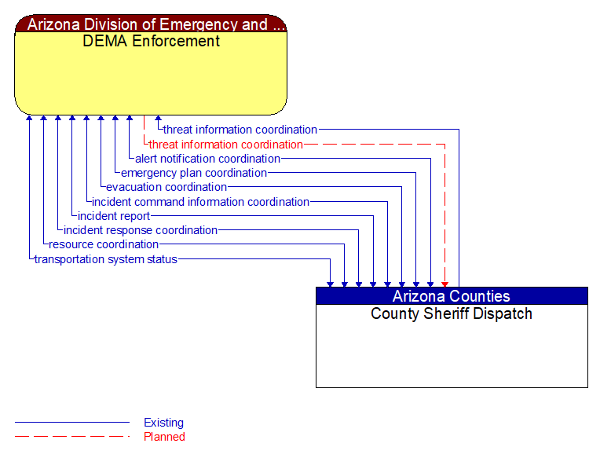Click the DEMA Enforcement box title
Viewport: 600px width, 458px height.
[x=151, y=41]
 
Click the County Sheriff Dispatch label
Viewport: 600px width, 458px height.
[x=451, y=313]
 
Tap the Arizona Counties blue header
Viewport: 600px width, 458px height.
[x=451, y=296]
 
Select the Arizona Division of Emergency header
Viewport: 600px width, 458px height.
[x=151, y=24]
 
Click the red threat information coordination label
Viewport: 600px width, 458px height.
[x=225, y=145]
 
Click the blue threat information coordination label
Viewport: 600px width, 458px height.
[x=240, y=130]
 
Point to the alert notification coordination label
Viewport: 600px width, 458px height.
[x=207, y=159]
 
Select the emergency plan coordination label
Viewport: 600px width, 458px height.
[x=193, y=173]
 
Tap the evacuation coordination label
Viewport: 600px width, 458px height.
[x=166, y=187]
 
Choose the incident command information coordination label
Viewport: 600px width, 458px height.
[x=200, y=202]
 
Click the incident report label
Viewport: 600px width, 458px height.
[x=113, y=216]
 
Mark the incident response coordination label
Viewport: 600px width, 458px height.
[x=140, y=230]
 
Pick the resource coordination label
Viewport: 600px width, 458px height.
[x=104, y=244]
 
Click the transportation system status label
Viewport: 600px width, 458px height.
[x=105, y=259]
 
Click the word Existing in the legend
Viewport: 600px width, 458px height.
[x=163, y=423]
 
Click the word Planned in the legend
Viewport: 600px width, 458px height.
[x=164, y=437]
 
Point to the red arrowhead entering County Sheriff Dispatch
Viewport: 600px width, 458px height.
[x=445, y=283]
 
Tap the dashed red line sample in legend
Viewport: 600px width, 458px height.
[x=71, y=437]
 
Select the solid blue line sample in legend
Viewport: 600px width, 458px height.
[x=71, y=423]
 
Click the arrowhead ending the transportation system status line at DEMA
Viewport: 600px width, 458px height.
[x=29, y=119]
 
